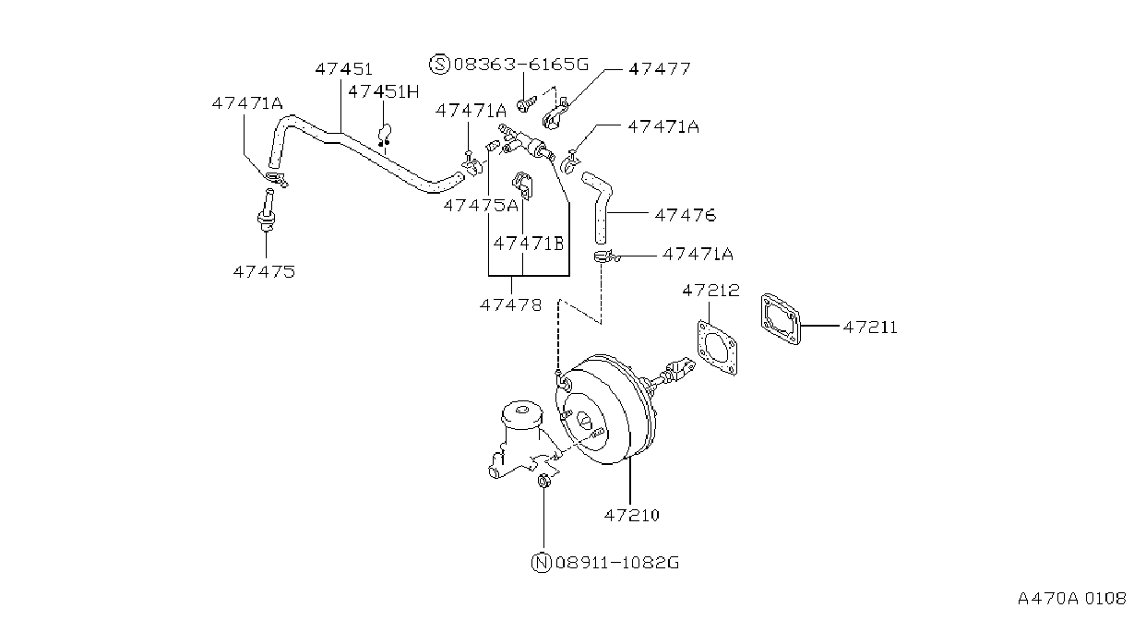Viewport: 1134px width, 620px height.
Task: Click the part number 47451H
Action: tap(383, 91)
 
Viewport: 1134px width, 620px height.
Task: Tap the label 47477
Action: tap(660, 69)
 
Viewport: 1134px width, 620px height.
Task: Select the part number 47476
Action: tap(686, 215)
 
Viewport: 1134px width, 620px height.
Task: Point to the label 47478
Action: tap(511, 305)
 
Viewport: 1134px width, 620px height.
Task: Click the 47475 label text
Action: tap(264, 272)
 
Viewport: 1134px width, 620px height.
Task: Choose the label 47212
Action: tap(710, 291)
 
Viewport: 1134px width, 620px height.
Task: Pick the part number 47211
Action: tap(870, 328)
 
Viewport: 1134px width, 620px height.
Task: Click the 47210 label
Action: tap(632, 515)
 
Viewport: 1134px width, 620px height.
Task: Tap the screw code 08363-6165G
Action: tap(521, 65)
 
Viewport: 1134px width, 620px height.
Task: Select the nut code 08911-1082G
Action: tap(617, 563)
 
